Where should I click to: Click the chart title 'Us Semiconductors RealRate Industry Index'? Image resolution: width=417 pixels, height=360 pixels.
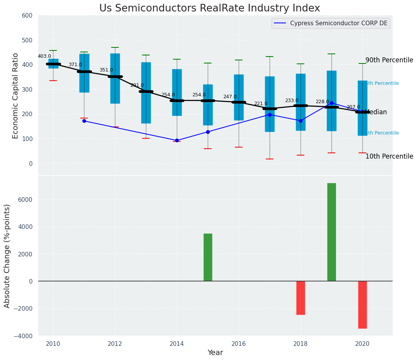click(209, 8)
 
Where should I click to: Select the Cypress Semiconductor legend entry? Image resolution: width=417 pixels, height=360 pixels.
click(338, 23)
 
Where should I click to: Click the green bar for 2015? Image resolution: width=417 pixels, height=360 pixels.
click(208, 257)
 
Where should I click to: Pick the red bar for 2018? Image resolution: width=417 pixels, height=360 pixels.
click(301, 298)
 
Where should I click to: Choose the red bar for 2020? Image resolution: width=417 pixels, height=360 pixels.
click(362, 305)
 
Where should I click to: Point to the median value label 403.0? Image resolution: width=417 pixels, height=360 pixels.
click(44, 56)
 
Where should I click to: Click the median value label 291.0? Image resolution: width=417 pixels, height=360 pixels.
click(137, 85)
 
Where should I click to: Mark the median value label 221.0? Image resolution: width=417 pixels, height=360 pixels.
click(261, 104)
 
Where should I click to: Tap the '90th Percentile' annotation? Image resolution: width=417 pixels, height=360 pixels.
click(389, 60)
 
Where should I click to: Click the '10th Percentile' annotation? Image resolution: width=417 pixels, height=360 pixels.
click(389, 156)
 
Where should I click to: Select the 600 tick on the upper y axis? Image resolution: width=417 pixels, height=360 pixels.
click(30, 16)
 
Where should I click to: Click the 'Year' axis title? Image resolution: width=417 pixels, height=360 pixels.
click(215, 353)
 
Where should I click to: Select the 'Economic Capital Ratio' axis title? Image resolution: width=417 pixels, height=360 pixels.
click(16, 95)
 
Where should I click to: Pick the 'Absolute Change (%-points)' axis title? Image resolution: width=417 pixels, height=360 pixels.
click(7, 256)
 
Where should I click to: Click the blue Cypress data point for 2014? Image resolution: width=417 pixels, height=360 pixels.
click(177, 140)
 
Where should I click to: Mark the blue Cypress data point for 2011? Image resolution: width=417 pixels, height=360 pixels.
click(84, 121)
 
